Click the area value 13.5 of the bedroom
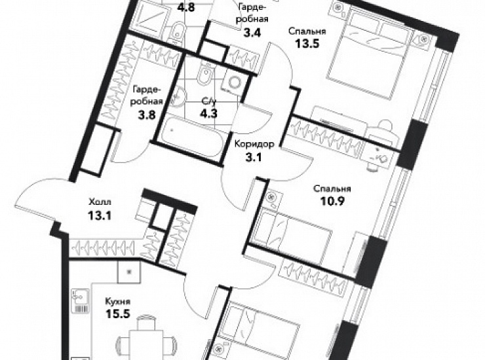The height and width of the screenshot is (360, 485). [307, 44]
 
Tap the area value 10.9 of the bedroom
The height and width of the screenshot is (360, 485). [333, 201]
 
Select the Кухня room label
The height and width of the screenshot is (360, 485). [118, 301]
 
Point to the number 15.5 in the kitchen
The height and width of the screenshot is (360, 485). [117, 314]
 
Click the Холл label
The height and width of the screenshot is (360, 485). [100, 202]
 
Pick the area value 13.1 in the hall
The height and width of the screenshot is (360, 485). [99, 215]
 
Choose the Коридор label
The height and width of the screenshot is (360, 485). [254, 144]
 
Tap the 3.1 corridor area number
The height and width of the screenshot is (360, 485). [254, 157]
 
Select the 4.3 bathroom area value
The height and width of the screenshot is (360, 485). [209, 113]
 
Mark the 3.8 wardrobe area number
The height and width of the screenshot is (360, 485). [146, 115]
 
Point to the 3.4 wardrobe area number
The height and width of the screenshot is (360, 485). [252, 32]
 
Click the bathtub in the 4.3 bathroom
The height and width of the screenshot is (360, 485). [192, 139]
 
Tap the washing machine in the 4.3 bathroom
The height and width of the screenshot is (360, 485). [234, 82]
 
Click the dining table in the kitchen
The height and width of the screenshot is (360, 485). [145, 345]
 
